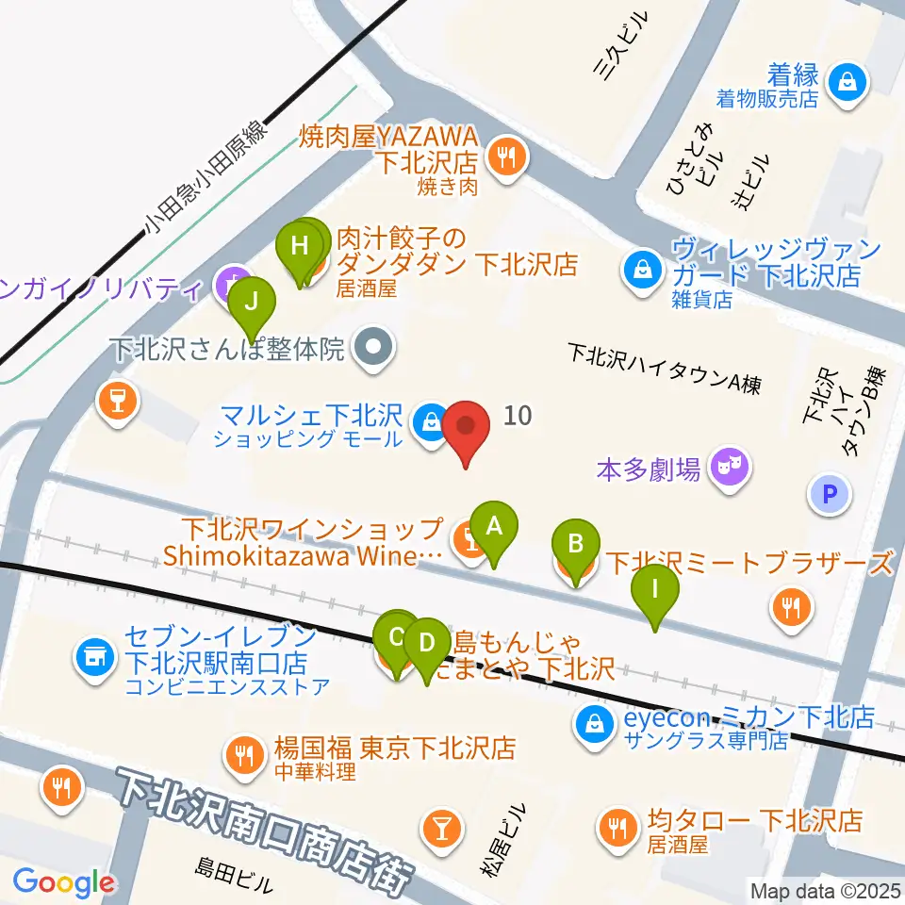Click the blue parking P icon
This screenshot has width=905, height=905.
831,494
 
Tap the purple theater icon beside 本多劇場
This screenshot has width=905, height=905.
731,464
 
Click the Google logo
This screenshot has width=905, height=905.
63,882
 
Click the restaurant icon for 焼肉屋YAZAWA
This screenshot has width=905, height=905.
507,155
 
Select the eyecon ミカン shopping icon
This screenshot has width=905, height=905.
596,724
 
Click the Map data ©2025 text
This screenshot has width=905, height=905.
824,890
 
